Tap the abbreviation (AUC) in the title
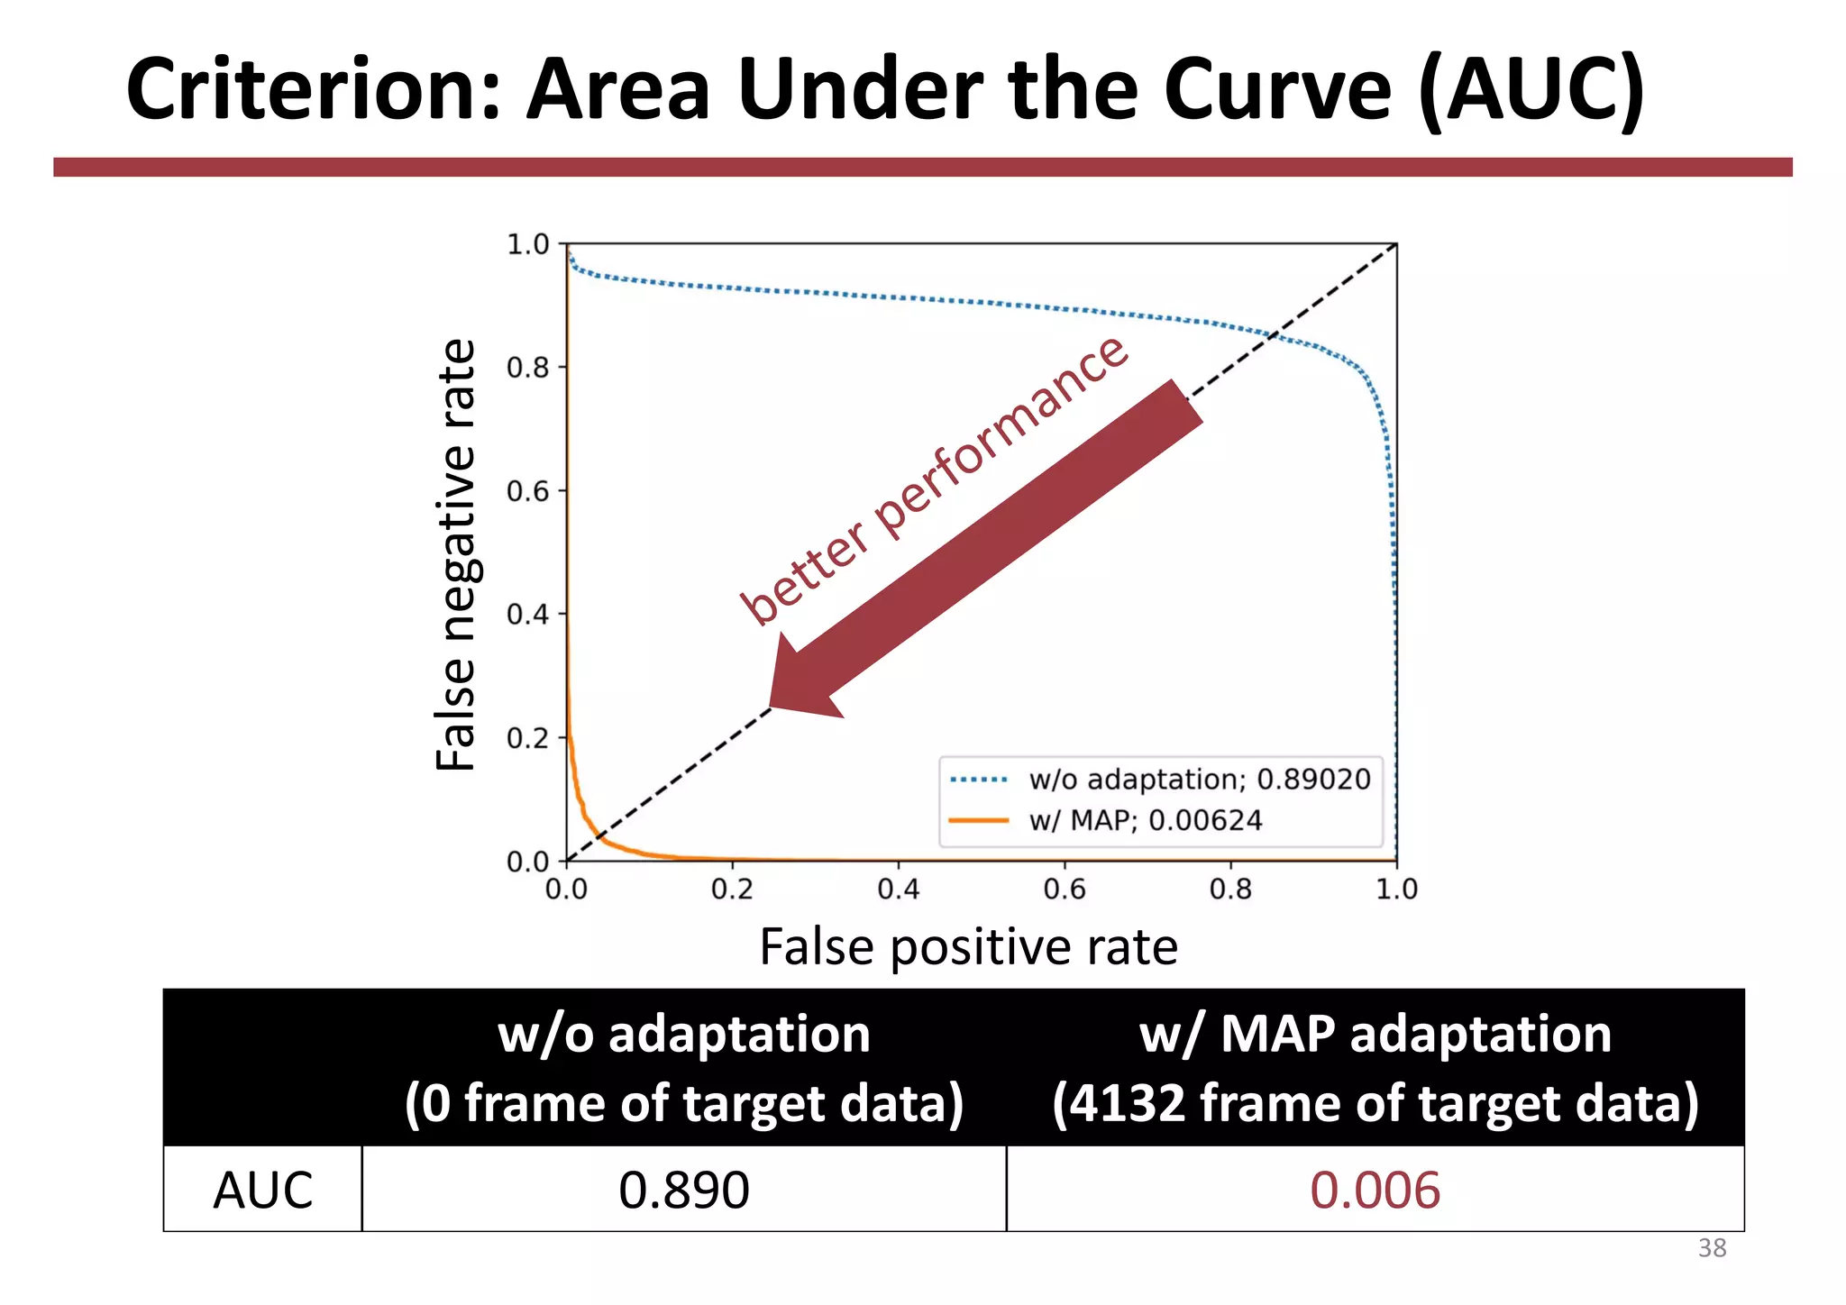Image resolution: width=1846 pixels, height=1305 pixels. [1531, 90]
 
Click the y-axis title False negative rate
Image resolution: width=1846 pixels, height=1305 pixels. [456, 554]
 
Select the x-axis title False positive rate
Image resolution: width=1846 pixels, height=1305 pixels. [968, 947]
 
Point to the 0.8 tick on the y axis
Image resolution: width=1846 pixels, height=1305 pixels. [527, 368]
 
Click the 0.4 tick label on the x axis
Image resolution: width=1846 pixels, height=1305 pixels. [898, 890]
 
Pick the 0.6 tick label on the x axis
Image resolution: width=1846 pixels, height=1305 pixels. [1064, 890]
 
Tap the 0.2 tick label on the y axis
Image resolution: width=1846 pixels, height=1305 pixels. [527, 738]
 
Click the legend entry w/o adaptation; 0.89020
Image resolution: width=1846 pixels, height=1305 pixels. [1199, 780]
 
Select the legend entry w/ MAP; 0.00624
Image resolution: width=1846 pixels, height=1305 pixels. [1145, 821]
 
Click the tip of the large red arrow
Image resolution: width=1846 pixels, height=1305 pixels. [772, 706]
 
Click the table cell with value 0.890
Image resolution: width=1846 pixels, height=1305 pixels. [683, 1190]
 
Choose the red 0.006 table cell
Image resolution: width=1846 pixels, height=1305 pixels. [1375, 1190]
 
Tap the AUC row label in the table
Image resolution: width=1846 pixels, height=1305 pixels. [262, 1190]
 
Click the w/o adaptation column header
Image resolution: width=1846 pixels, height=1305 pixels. [683, 1068]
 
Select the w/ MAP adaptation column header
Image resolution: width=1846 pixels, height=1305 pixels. [1375, 1068]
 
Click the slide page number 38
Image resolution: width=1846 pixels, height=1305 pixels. [1712, 1248]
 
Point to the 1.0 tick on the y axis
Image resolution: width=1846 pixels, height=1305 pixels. [527, 244]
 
